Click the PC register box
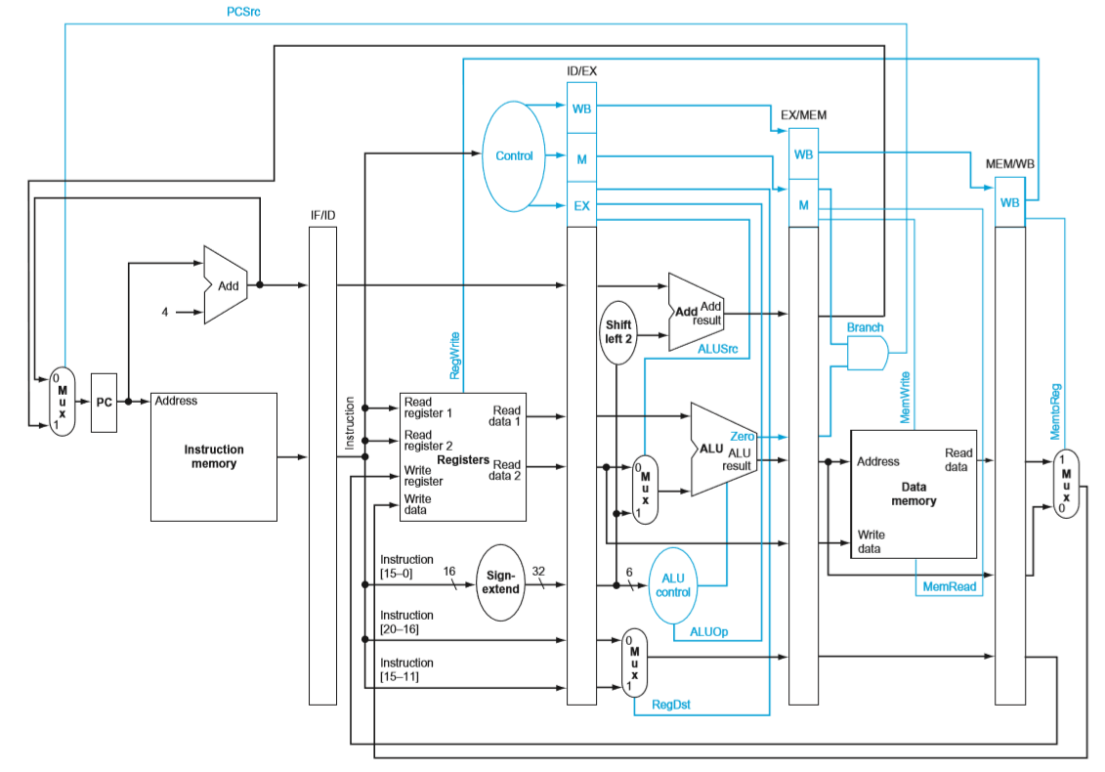coord(104,403)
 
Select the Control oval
coord(514,156)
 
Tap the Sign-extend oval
coord(500,582)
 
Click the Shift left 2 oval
coord(618,333)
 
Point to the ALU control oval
coord(673,586)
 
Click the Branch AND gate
coord(868,353)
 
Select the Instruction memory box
coord(214,457)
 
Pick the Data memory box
coord(914,494)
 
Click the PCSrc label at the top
coord(243,12)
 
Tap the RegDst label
coord(671,705)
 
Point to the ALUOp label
coord(709,631)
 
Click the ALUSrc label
coord(717,349)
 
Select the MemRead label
coord(950,586)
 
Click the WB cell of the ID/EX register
coord(581,108)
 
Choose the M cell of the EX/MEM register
coord(803,204)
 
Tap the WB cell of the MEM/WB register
coord(1010,202)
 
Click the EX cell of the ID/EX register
coord(581,206)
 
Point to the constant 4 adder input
coord(165,312)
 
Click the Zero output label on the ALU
coord(743,437)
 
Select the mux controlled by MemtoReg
coord(1066,484)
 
